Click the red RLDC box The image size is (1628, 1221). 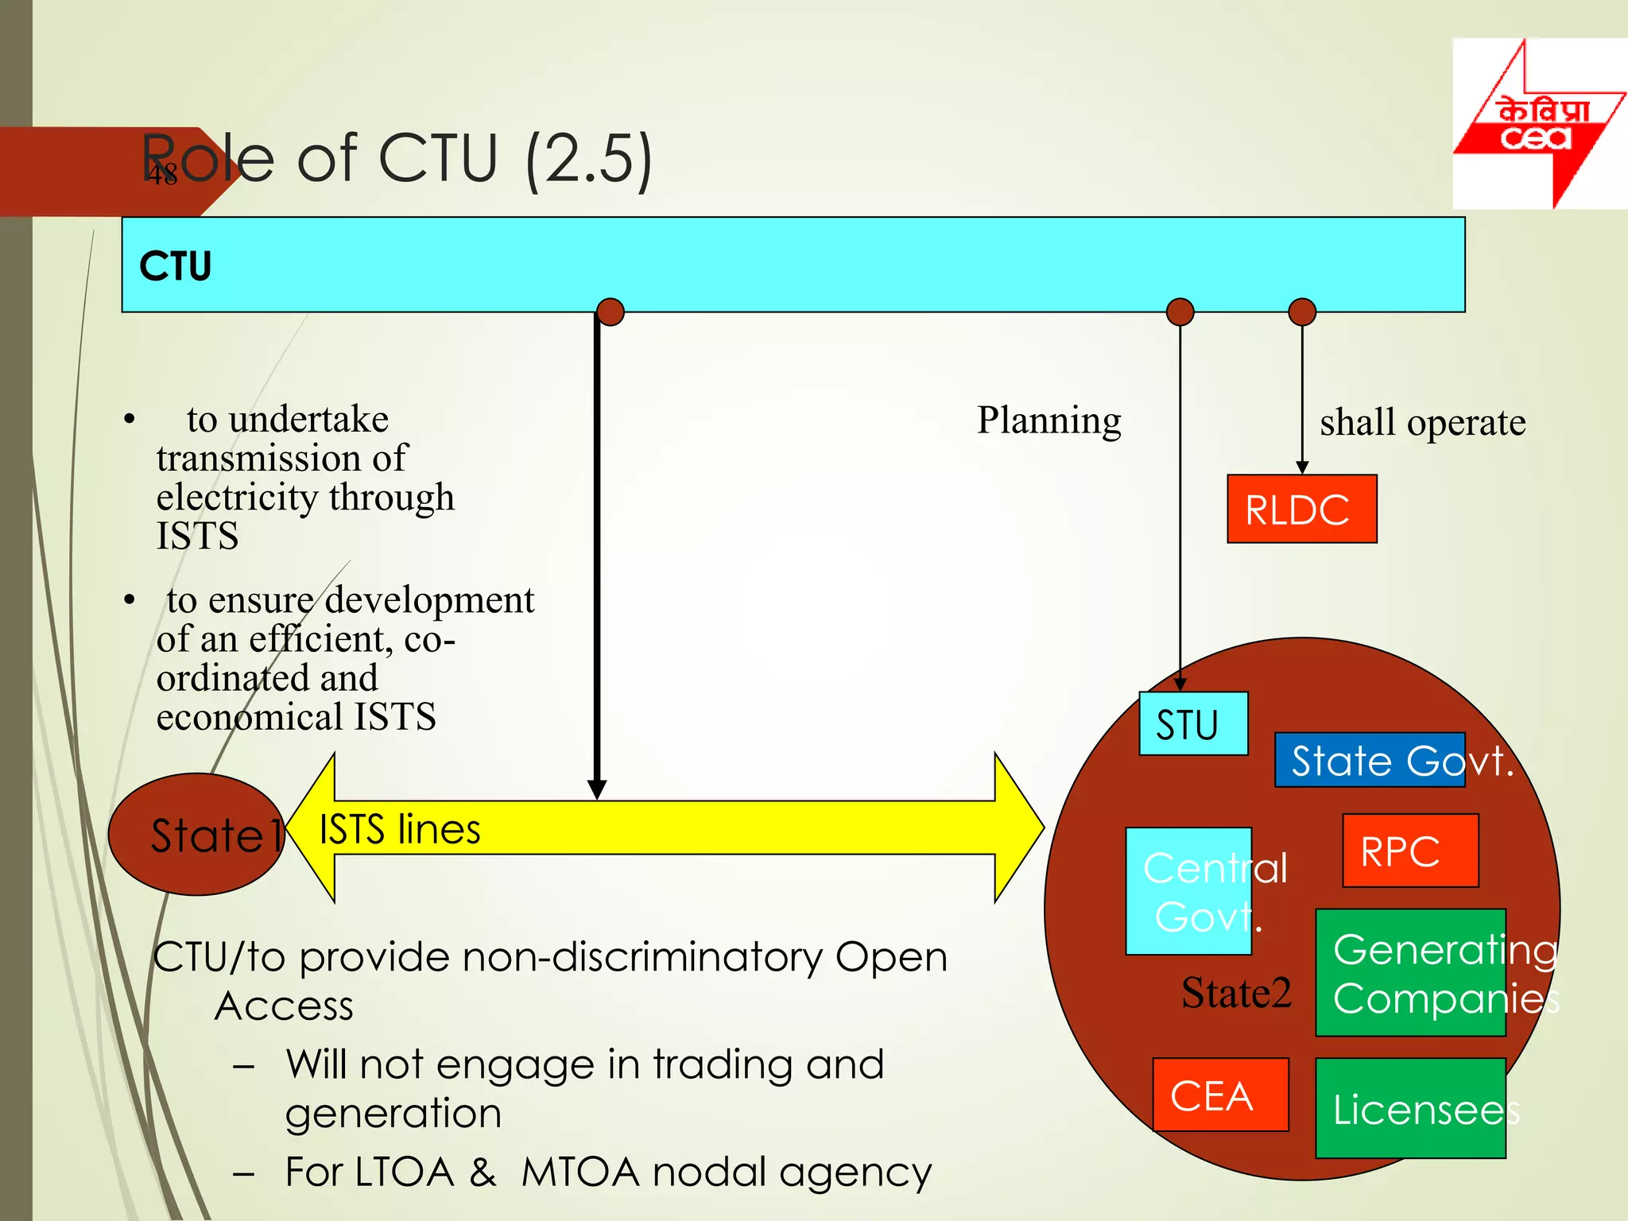(x=1301, y=509)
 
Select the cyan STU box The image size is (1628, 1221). (x=1192, y=723)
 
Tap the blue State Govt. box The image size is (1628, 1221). (x=1370, y=760)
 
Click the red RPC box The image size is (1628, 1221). (x=1410, y=851)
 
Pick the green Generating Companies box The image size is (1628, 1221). (x=1410, y=972)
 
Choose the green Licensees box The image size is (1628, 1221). (x=1410, y=1108)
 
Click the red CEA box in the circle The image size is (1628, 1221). (x=1220, y=1095)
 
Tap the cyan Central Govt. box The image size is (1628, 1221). (x=1188, y=891)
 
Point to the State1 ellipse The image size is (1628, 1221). (x=196, y=834)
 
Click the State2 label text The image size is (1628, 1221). (x=1236, y=993)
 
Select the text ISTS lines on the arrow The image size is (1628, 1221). (x=400, y=829)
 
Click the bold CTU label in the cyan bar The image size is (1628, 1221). (x=176, y=266)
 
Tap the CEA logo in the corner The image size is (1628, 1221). (x=1538, y=123)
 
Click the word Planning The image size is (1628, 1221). (x=1049, y=420)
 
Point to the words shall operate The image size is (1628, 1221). (x=1422, y=422)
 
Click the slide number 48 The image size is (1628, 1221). (x=162, y=174)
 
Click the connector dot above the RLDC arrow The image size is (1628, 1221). (x=1301, y=312)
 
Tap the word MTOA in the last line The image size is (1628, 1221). (x=580, y=1172)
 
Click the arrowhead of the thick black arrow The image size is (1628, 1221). (x=597, y=789)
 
